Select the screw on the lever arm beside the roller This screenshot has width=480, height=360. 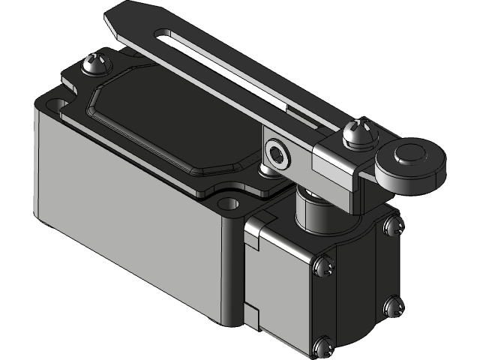(x=357, y=133)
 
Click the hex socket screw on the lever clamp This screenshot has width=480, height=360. (x=278, y=154)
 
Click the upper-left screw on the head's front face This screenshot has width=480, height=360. (x=323, y=265)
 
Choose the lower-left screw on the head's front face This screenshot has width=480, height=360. (x=322, y=346)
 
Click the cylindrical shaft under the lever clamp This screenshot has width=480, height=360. (x=315, y=210)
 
